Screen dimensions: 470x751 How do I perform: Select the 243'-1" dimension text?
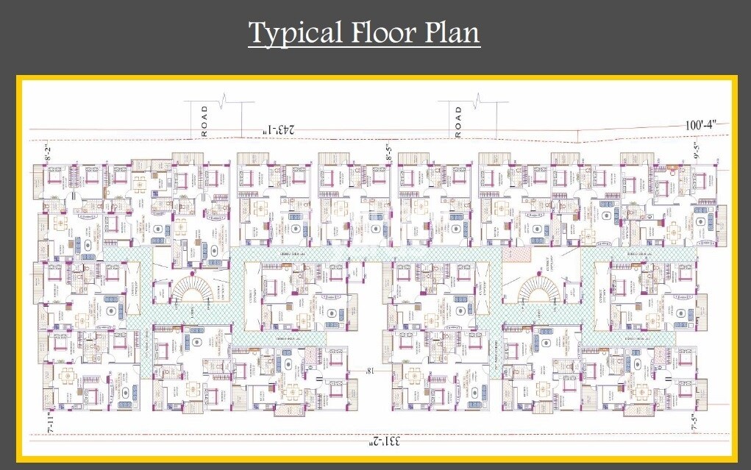click(279, 130)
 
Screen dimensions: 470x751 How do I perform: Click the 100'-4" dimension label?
click(705, 126)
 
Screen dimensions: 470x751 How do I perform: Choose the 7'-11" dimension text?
click(50, 424)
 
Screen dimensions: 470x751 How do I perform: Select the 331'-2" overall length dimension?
click(385, 442)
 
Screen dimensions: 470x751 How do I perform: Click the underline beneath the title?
click(364, 49)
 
